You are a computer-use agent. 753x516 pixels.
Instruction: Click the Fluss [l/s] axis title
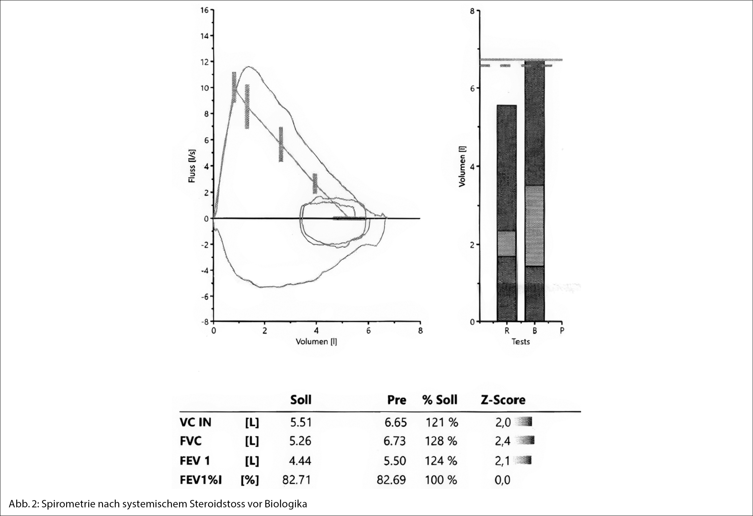pyautogui.click(x=192, y=166)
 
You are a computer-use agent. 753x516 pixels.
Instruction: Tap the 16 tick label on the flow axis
pyautogui.click(x=204, y=10)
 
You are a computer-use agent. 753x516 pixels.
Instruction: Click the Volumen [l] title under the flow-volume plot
pyautogui.click(x=316, y=341)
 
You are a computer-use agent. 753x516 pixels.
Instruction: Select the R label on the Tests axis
pyautogui.click(x=507, y=331)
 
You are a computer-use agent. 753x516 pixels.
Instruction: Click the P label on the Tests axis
pyautogui.click(x=562, y=331)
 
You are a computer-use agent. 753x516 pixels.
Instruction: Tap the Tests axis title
pyautogui.click(x=521, y=342)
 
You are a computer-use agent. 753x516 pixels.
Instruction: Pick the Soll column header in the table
pyautogui.click(x=300, y=400)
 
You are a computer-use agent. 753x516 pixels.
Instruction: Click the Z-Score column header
pyautogui.click(x=503, y=400)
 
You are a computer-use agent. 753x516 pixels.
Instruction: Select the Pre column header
pyautogui.click(x=397, y=400)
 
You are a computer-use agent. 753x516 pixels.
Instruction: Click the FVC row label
pyautogui.click(x=191, y=441)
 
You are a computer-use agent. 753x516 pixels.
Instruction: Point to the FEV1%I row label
pyautogui.click(x=201, y=480)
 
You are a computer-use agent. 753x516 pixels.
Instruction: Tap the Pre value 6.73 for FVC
pyautogui.click(x=395, y=441)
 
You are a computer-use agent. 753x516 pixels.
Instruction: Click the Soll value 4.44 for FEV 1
pyautogui.click(x=300, y=461)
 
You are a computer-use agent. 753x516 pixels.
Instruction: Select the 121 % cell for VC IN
pyautogui.click(x=442, y=422)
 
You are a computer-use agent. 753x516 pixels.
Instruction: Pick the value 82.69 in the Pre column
pyautogui.click(x=391, y=480)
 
